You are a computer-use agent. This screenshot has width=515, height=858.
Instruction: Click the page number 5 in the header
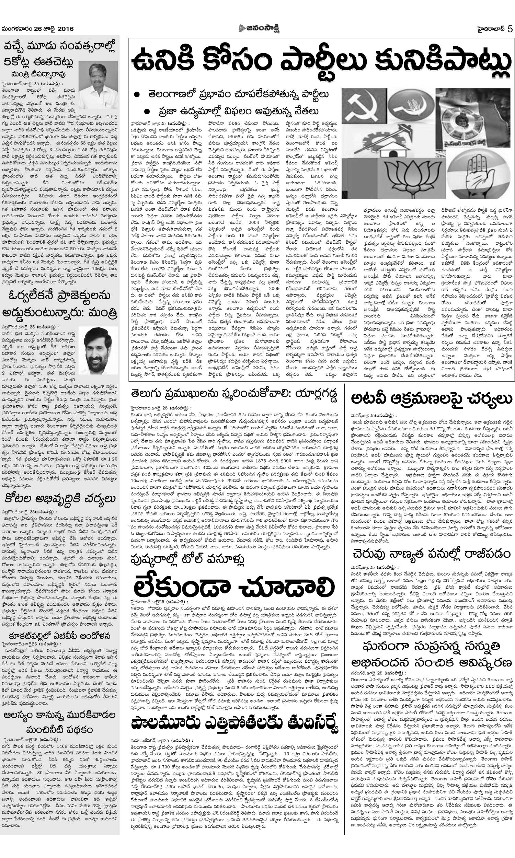510,29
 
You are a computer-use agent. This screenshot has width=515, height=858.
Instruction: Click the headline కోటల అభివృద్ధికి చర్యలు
60,499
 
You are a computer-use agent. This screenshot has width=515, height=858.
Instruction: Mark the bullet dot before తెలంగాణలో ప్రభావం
138,94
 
